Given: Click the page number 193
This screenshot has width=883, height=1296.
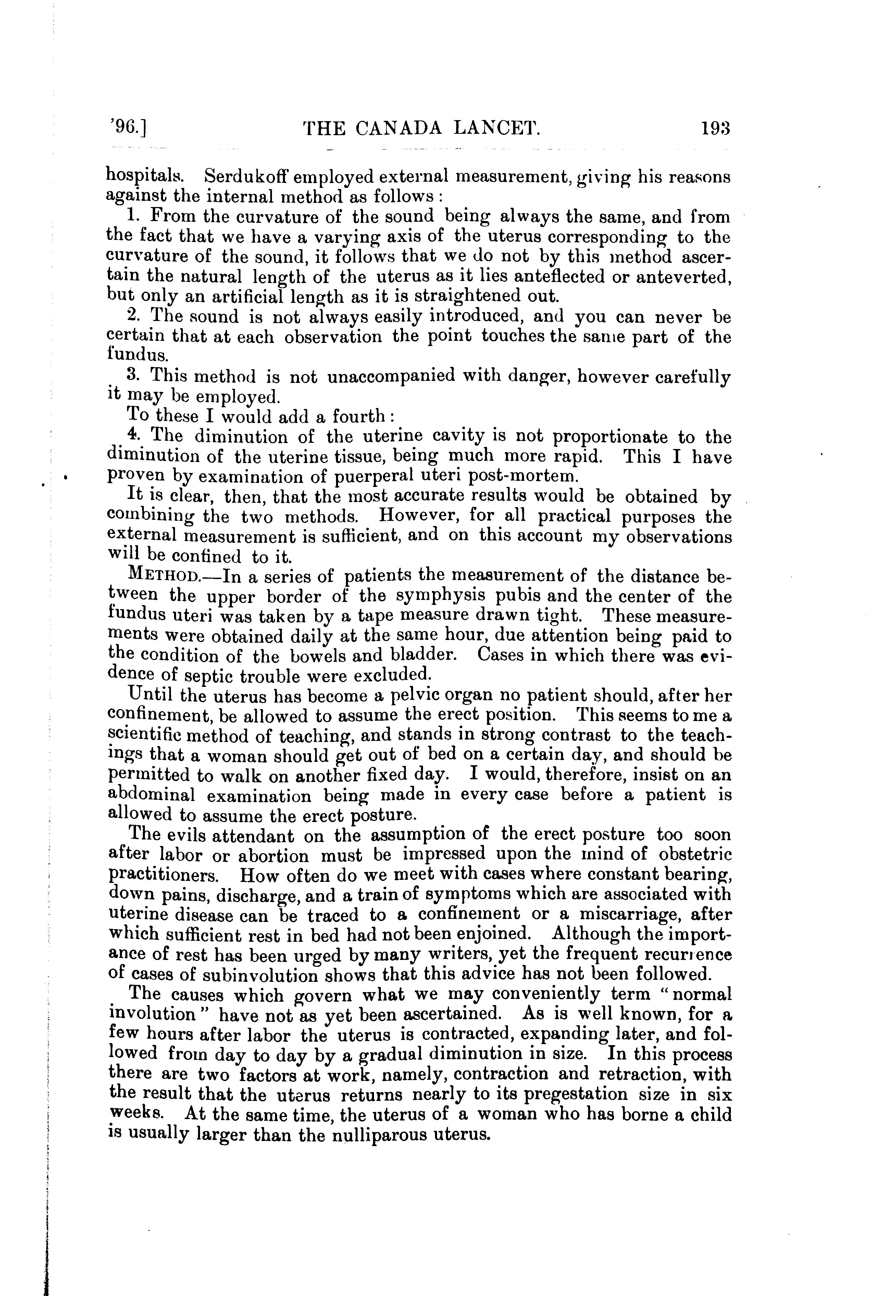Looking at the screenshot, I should [716, 129].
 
